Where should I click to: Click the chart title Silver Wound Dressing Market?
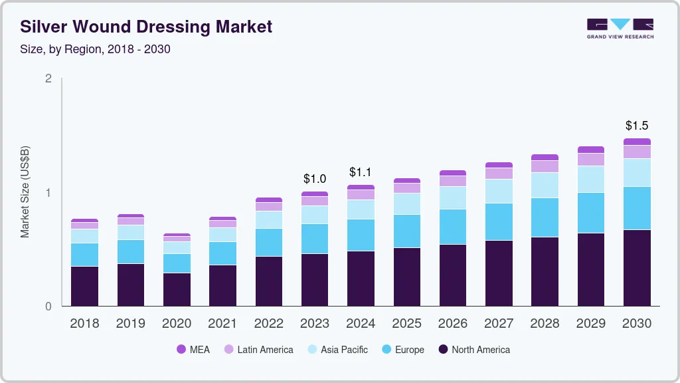point(146,27)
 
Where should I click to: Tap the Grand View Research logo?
point(620,29)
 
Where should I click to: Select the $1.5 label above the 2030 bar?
point(637,126)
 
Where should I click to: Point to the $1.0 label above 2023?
point(315,179)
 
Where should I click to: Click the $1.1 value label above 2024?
point(361,172)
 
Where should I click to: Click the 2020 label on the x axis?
point(177,324)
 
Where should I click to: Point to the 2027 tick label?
point(499,324)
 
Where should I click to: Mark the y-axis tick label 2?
point(48,78)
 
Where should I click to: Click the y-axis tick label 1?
point(48,193)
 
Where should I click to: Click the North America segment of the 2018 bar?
point(84,286)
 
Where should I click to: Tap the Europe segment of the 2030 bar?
point(637,208)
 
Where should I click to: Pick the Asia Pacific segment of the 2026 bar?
point(453,197)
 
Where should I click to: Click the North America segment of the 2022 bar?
point(269,281)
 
